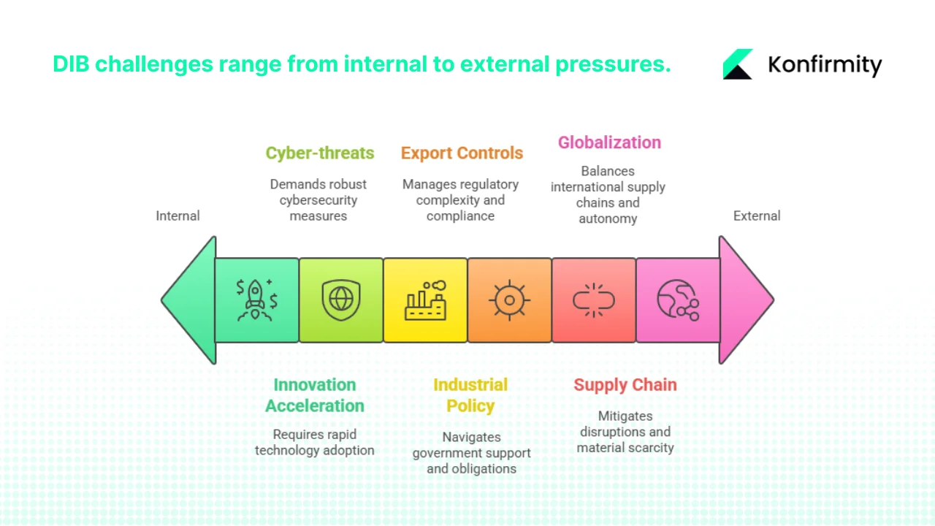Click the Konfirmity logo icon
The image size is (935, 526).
tap(738, 64)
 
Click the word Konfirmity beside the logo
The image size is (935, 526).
tap(825, 65)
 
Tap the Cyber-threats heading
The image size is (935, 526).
tap(319, 153)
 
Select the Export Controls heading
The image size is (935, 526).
tap(462, 153)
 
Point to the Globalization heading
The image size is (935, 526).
tap(609, 142)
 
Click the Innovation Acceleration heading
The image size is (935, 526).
tap(315, 395)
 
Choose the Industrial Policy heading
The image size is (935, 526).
tap(470, 395)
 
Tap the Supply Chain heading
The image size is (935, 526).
tap(625, 385)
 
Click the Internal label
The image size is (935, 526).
tap(178, 216)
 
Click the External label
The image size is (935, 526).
tap(757, 216)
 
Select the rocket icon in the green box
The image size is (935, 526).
tap(256, 300)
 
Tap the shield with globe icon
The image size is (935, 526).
tap(340, 300)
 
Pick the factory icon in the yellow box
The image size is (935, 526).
tap(425, 300)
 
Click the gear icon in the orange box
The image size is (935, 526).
tap(509, 300)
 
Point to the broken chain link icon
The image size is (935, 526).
tap(593, 300)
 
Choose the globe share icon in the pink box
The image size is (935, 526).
tap(677, 300)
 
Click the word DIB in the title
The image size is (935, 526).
tap(71, 64)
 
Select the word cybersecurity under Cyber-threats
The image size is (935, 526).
tap(318, 200)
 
